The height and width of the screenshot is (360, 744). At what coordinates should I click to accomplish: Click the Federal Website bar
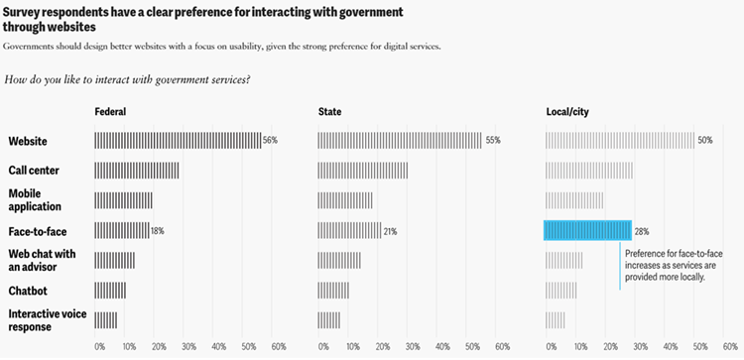(x=178, y=141)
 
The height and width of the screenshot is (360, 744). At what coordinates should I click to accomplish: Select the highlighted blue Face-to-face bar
(x=587, y=230)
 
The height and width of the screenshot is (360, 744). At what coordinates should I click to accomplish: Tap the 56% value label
(x=270, y=141)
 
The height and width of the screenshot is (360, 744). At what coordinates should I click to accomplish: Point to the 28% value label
(x=642, y=231)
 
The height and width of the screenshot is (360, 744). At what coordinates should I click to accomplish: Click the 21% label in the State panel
(x=390, y=231)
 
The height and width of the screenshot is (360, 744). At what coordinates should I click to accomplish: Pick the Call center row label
(x=34, y=171)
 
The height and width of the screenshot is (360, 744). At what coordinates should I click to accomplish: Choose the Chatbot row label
(x=29, y=291)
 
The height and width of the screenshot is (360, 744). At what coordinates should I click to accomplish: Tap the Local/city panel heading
(x=567, y=111)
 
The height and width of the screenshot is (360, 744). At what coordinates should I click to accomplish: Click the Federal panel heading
(x=109, y=111)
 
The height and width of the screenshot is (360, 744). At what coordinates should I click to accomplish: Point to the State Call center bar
(x=363, y=171)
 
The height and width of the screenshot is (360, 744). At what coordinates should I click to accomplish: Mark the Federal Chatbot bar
(x=110, y=291)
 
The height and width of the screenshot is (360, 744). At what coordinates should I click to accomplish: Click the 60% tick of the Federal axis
(x=279, y=347)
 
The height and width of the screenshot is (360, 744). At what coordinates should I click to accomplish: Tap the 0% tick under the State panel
(x=323, y=347)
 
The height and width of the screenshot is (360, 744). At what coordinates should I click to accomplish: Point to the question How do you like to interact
(x=128, y=78)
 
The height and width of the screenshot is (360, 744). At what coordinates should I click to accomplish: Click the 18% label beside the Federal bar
(x=158, y=231)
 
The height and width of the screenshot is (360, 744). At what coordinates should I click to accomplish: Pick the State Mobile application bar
(x=345, y=200)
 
